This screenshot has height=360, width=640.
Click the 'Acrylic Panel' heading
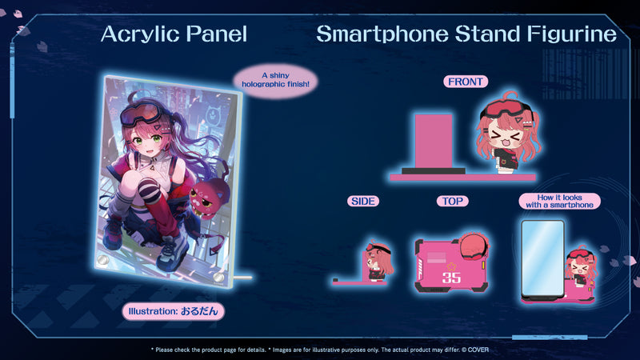tap(174, 34)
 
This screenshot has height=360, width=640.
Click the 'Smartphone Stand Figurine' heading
tap(466, 34)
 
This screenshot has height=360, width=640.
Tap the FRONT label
tap(466, 82)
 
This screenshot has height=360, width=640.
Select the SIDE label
tap(363, 202)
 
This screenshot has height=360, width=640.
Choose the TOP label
tap(452, 202)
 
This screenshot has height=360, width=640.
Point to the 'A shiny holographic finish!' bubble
tap(275, 80)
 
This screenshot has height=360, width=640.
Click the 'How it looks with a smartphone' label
tap(559, 202)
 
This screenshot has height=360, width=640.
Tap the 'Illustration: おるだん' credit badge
tap(174, 311)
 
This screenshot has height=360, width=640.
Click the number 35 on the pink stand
tap(451, 278)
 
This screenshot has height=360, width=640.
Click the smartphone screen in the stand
tap(542, 257)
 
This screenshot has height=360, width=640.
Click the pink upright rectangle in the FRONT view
tap(434, 142)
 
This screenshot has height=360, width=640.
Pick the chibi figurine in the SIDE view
tap(378, 262)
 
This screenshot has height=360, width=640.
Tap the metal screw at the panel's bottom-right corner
tap(218, 278)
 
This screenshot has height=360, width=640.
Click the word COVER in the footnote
tap(478, 350)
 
